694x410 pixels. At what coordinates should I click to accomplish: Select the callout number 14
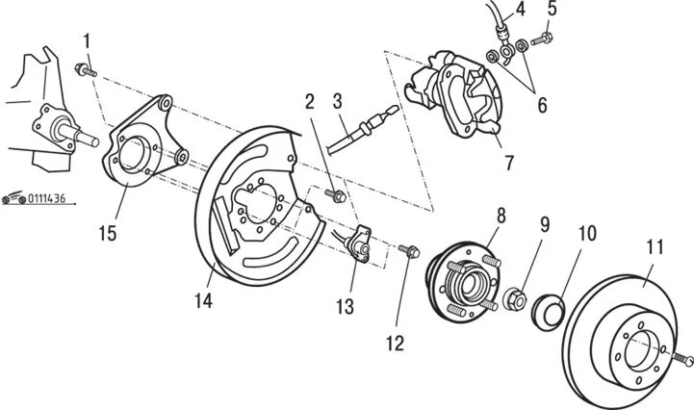(202, 299)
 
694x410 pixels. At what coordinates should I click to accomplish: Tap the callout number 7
(507, 163)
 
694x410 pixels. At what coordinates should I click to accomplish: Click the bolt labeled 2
(337, 197)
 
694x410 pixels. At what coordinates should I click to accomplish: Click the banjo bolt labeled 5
(540, 39)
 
